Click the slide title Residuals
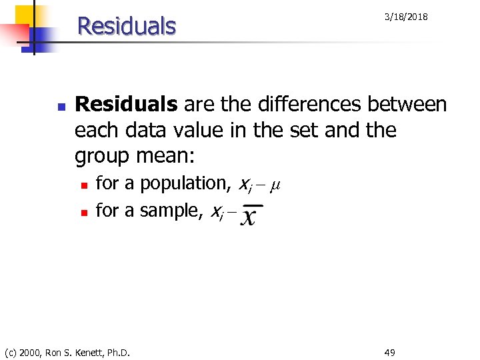[x=127, y=26]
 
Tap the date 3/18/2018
[x=406, y=17]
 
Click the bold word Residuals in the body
[x=127, y=105]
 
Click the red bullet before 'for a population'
[x=83, y=185]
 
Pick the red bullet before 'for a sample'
[x=83, y=213]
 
